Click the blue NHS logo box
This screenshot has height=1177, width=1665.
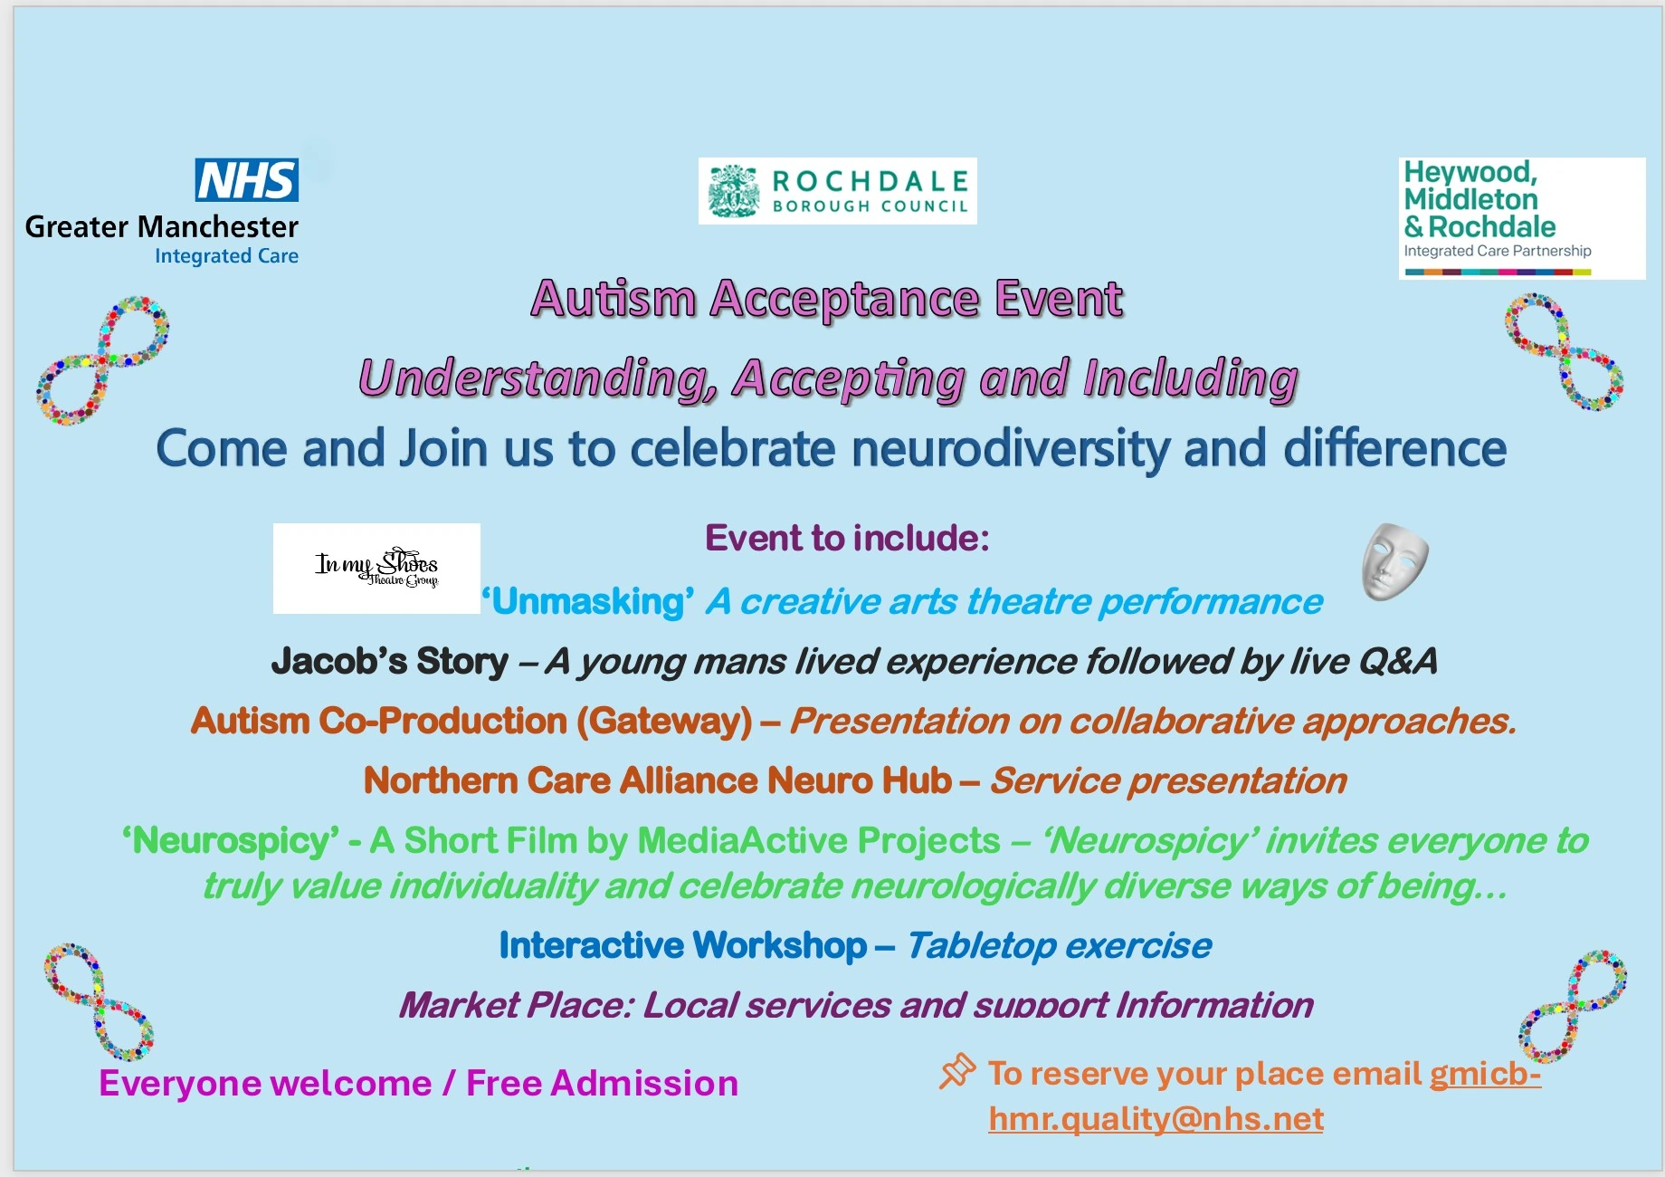coord(246,180)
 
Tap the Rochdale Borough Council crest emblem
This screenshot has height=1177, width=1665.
coord(733,191)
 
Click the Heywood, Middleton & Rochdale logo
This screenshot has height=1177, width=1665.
coord(1521,217)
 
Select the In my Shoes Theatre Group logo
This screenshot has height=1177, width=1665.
coord(376,568)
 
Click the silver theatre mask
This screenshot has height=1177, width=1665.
coord(1394,561)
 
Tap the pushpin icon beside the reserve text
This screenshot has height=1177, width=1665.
coord(957,1071)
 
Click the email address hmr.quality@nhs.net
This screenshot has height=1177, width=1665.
coord(1156,1119)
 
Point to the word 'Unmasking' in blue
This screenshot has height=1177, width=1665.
coord(588,601)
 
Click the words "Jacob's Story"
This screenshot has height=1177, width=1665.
coord(390,661)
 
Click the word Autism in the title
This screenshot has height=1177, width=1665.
coord(614,299)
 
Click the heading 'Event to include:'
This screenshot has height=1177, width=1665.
coord(847,538)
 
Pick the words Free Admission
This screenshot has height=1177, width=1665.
coord(602,1083)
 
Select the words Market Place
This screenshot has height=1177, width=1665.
coord(515,1005)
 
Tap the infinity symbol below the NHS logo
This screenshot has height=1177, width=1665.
coord(102,360)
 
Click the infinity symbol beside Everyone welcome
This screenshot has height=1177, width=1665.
coord(99,1002)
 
